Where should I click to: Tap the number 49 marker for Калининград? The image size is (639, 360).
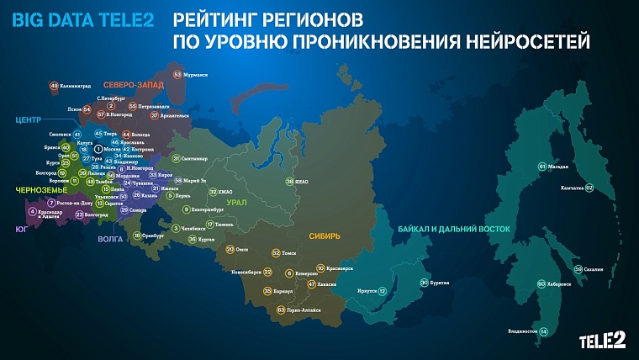point(54,86)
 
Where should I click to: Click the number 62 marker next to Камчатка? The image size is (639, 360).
point(589,188)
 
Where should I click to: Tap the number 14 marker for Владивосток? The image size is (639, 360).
point(543,331)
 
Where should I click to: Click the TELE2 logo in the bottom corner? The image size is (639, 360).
point(601,339)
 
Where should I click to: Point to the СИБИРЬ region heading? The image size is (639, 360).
point(324,236)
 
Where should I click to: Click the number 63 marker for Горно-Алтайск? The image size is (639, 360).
point(281,310)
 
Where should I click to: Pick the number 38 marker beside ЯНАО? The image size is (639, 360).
point(289,182)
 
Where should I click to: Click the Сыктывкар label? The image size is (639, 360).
point(195,158)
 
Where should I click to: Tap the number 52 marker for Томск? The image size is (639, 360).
point(276,252)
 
